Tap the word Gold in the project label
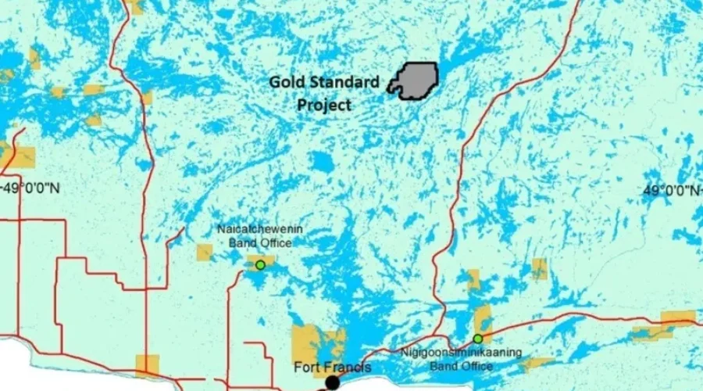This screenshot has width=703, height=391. pyautogui.click(x=286, y=81)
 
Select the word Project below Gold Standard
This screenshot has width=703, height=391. pyautogui.click(x=323, y=104)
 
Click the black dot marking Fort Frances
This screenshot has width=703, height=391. pyautogui.click(x=332, y=382)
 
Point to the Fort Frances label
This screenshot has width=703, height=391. pyautogui.click(x=332, y=367)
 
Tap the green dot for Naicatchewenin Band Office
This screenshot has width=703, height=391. pyautogui.click(x=260, y=265)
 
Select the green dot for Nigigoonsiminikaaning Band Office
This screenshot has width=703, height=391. pyautogui.click(x=477, y=339)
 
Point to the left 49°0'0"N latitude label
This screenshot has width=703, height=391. pyautogui.click(x=31, y=188)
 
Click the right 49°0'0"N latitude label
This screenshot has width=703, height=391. pyautogui.click(x=672, y=190)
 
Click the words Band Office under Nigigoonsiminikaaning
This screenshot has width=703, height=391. pyautogui.click(x=455, y=364)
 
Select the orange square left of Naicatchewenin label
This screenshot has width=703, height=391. pyautogui.click(x=205, y=252)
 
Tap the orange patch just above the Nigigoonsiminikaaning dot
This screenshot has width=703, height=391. pyautogui.click(x=483, y=318)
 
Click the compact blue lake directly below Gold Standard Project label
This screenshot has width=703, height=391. pyautogui.click(x=321, y=162)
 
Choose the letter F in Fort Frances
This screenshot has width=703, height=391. pyautogui.click(x=298, y=367)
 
